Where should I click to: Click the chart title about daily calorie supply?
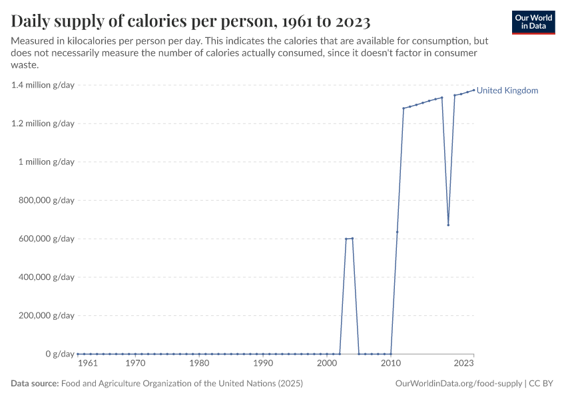tap(190, 21)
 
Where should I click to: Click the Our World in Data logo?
tap(533, 22)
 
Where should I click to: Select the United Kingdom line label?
tap(507, 90)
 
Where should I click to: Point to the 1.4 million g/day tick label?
tap(43, 85)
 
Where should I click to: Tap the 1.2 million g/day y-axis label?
tap(43, 124)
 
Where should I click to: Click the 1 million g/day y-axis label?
tap(47, 162)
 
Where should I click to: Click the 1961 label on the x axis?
tap(87, 364)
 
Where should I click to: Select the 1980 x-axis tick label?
tap(199, 364)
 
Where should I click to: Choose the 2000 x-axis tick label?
tap(327, 364)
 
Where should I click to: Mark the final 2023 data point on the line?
tap(473, 90)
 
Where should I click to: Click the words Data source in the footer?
tap(35, 384)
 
